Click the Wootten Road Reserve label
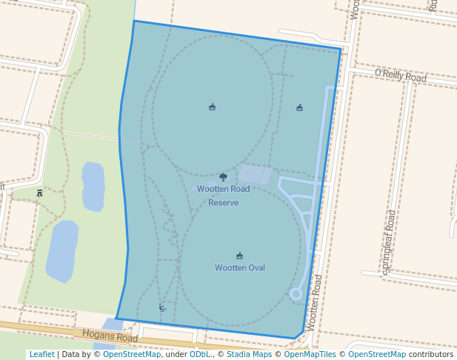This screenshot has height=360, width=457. [223, 196]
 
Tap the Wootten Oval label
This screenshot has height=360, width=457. [239, 268]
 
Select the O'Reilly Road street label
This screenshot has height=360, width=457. [401, 76]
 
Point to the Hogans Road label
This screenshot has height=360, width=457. [110, 337]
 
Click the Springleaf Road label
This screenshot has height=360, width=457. [390, 242]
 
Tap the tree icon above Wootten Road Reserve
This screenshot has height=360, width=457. [223, 178]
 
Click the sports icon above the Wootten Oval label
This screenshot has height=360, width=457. [239, 256]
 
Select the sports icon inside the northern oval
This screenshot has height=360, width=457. [213, 107]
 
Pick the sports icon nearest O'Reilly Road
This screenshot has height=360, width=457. [299, 108]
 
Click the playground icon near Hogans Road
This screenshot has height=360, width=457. [162, 307]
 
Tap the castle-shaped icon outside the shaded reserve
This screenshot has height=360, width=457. [39, 193]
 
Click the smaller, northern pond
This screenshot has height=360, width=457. [93, 185]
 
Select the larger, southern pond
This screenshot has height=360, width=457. [62, 250]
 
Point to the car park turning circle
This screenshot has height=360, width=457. [296, 294]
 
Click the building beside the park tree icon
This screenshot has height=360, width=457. [254, 175]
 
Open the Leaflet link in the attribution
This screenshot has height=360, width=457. [41, 355]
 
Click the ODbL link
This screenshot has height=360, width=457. [199, 355]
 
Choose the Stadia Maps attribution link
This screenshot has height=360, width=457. [248, 355]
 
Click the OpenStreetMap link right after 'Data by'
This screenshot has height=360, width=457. [132, 355]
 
